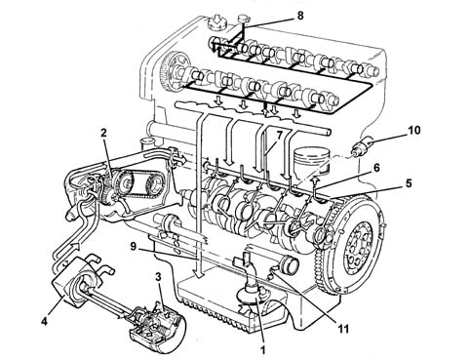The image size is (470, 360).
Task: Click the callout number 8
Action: pyautogui.click(x=300, y=16)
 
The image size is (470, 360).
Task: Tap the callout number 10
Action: pyautogui.click(x=414, y=131)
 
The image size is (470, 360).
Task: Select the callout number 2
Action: pyautogui.click(x=103, y=133)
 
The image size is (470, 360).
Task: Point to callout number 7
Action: pyautogui.click(x=279, y=136)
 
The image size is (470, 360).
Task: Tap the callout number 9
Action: pyautogui.click(x=134, y=246)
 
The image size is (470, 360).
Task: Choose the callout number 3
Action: pyautogui.click(x=158, y=277)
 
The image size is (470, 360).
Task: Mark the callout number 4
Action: pyautogui.click(x=45, y=321)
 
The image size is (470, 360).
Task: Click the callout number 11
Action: pyautogui.click(x=343, y=329)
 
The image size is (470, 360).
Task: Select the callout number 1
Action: pyautogui.click(x=262, y=349)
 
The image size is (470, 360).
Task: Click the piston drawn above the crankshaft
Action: pyautogui.click(x=312, y=160)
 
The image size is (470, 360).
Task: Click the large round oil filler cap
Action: pyautogui.click(x=216, y=22)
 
